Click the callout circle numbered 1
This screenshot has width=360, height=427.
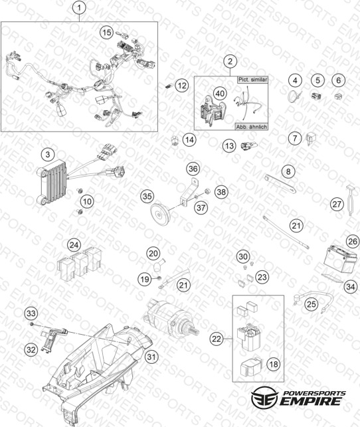coord(79,7)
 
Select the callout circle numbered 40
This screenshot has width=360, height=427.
coord(220,94)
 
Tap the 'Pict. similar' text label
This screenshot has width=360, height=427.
coord(252,80)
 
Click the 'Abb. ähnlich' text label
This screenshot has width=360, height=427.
coord(251,127)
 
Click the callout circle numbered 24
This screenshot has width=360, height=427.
coord(74,245)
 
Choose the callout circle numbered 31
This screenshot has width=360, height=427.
coord(151,357)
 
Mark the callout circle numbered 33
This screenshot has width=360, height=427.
coord(31,313)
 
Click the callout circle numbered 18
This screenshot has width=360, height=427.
coord(274,364)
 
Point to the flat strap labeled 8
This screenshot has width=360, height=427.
coord(280,185)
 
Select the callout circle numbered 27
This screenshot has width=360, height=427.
coord(337,204)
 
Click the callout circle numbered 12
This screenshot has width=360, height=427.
coord(182,86)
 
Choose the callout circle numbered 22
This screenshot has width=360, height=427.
coord(217,339)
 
